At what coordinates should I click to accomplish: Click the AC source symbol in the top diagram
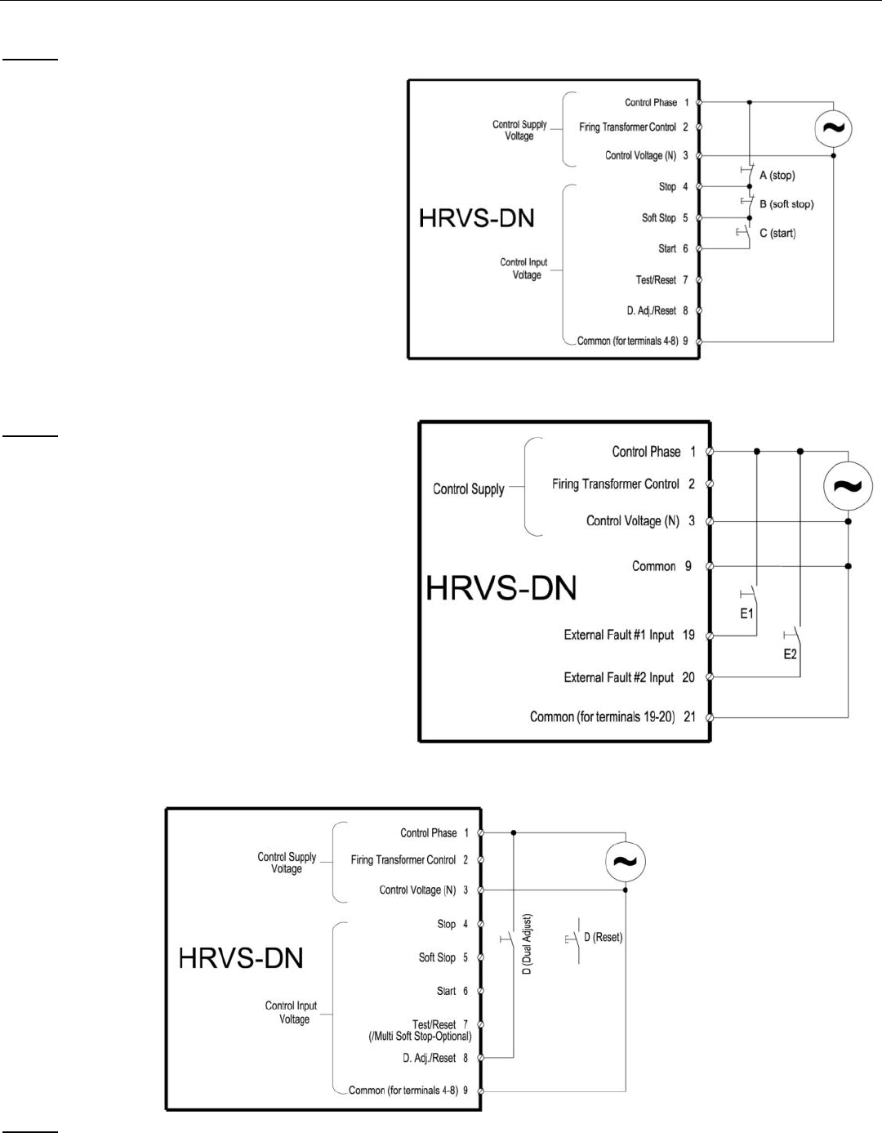click(834, 128)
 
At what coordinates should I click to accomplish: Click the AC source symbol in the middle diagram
click(849, 486)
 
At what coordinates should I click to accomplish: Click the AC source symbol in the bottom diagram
click(626, 861)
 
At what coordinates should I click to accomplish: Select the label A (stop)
click(777, 176)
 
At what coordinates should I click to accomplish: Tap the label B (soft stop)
click(786, 204)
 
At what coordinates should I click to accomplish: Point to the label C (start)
click(777, 234)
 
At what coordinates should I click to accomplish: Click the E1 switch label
click(746, 613)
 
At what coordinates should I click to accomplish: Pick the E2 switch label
click(790, 654)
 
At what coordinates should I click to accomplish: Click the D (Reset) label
click(603, 937)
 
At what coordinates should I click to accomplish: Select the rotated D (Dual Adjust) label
click(527, 943)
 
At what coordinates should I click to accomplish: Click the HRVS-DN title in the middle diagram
click(501, 588)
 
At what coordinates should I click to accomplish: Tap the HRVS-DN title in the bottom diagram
click(241, 957)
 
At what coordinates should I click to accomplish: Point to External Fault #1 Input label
click(618, 635)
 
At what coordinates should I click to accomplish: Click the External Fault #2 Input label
click(618, 677)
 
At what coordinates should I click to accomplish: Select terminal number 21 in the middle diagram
click(689, 716)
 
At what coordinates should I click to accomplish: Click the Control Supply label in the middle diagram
click(468, 489)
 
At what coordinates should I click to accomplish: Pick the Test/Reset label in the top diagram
click(656, 280)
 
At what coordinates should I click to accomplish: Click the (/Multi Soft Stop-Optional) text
click(420, 1037)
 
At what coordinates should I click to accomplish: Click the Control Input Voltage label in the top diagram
click(523, 269)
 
